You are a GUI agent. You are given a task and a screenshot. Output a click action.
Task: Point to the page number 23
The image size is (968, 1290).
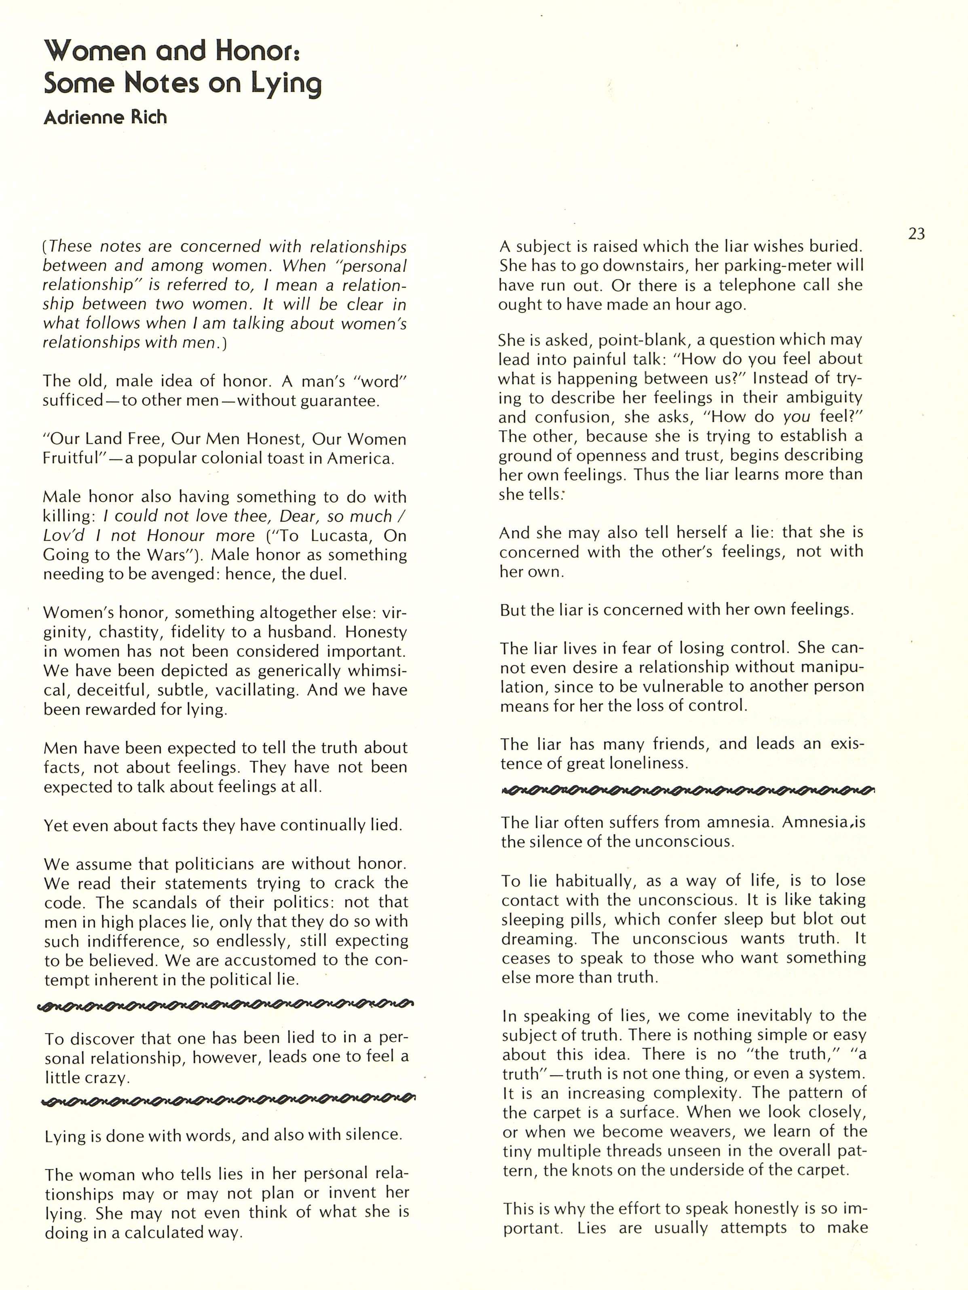click(917, 234)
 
